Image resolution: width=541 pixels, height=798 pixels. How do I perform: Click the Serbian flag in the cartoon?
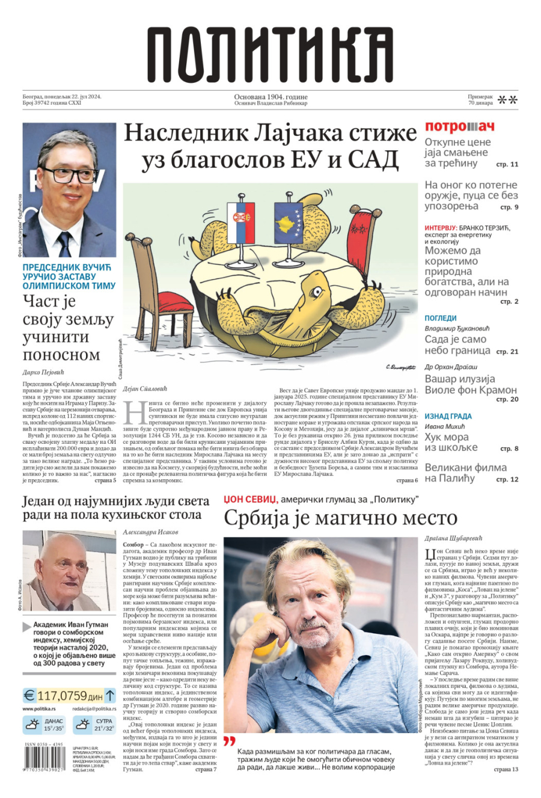coord(240,215)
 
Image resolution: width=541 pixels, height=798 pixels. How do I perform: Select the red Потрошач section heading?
coord(459,127)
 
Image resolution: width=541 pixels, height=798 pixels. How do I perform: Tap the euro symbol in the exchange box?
coord(29,696)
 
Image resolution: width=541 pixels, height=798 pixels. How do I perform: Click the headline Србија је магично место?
coord(341,518)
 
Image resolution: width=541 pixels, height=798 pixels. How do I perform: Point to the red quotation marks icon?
coord(229,741)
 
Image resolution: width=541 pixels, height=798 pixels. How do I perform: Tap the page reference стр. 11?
coord(506,164)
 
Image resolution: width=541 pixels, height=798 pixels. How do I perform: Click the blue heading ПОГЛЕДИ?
coord(441,318)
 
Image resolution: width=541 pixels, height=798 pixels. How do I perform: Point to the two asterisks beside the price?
coord(508,100)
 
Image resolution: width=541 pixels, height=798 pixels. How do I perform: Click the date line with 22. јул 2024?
coord(62,97)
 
